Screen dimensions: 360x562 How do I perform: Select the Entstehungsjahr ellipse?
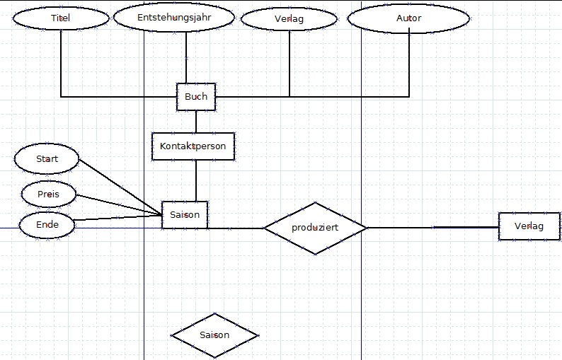pyautogui.click(x=174, y=18)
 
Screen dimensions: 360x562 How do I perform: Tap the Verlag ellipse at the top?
pyautogui.click(x=289, y=19)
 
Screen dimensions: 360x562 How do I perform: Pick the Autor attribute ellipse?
pyautogui.click(x=408, y=18)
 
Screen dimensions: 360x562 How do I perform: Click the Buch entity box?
pyautogui.click(x=196, y=97)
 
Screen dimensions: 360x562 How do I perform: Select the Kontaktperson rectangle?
pyautogui.click(x=193, y=146)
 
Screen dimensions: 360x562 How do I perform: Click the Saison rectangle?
pyautogui.click(x=185, y=214)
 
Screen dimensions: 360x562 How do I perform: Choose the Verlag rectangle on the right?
pyautogui.click(x=529, y=226)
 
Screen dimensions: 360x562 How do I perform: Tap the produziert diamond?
pyautogui.click(x=315, y=228)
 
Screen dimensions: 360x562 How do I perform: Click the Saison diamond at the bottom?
pyautogui.click(x=214, y=335)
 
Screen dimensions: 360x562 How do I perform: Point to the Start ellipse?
pyautogui.click(x=47, y=159)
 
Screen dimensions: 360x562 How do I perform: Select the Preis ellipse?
pyautogui.click(x=47, y=193)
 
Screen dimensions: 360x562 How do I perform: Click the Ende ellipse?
pyautogui.click(x=47, y=226)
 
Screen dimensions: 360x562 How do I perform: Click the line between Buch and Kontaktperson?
pyautogui.click(x=196, y=122)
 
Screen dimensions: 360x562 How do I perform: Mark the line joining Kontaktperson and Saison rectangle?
pyautogui.click(x=196, y=180)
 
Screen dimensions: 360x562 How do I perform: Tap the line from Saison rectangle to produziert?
pyautogui.click(x=236, y=228)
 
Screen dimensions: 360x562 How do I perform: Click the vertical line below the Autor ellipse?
pyautogui.click(x=409, y=64)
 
